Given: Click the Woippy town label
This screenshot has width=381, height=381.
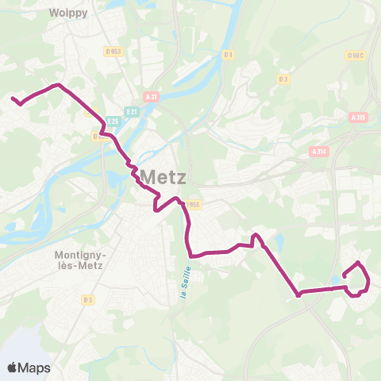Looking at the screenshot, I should pos(67,13).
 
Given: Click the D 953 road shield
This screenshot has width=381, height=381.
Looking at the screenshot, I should pos(114,52).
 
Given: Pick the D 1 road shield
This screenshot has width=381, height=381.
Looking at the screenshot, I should pos(228,54).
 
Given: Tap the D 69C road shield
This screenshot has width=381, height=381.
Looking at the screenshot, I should pos(355,56).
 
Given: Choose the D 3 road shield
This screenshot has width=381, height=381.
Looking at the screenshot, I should pos(283,79).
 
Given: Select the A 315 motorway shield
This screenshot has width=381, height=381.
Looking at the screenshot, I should pos(359,117).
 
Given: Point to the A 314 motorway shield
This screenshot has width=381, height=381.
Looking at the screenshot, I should pos(319,152).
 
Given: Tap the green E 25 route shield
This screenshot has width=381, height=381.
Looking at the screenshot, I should pos(113,121).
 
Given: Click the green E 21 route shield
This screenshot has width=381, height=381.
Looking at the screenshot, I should pos(133,112).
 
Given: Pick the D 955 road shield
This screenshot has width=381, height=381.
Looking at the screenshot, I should pos(195,204).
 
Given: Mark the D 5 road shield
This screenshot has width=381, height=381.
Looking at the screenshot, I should pos(87,299).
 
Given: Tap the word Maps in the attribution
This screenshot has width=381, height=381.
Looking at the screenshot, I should pos(35,368).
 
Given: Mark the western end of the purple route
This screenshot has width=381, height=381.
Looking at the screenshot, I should pos(13,98).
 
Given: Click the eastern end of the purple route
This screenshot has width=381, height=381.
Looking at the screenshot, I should pos(344,275).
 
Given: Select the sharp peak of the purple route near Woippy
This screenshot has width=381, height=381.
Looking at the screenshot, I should pos(57,83).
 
